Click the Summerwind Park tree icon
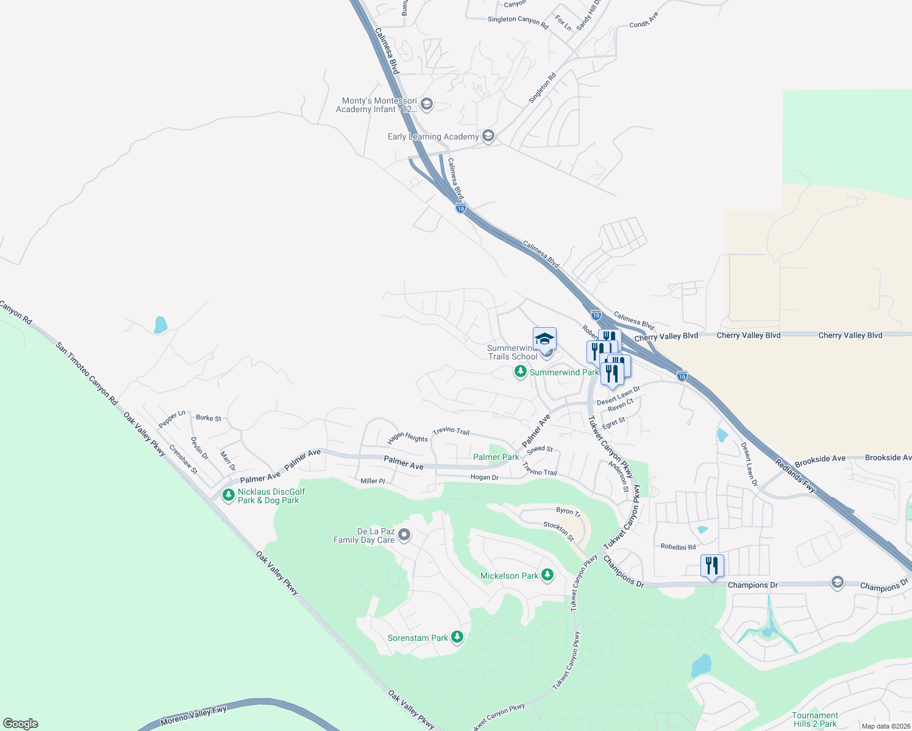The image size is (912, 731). point(520,372)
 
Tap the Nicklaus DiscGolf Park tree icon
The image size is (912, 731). point(229,495)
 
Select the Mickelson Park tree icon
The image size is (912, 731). point(547,575)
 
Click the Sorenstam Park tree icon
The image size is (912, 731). point(457,637)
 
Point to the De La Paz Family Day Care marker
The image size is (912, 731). point(404,535)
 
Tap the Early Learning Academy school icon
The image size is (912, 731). point(488,136)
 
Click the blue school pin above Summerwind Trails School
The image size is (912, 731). point(544,339)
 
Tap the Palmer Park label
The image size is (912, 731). point(496,457)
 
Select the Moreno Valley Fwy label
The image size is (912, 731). point(193,716)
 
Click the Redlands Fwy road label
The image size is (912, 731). point(796,476)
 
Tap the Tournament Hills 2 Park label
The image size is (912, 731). point(815,719)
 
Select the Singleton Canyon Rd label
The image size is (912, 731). point(518,20)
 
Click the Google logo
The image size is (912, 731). point(20,723)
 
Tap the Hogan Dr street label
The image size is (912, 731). point(485,477)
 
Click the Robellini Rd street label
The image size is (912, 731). point(678,546)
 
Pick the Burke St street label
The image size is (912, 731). point(208,418)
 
